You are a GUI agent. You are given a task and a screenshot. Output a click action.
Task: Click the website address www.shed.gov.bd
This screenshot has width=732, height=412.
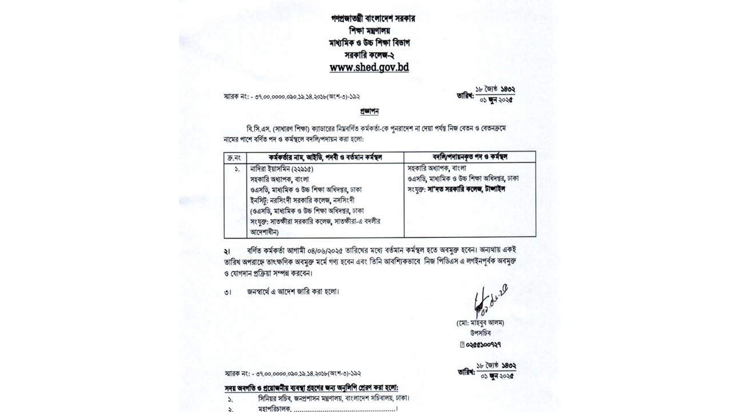[369, 68]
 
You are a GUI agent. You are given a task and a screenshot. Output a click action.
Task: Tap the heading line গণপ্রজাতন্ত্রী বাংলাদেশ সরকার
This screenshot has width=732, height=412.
[373, 18]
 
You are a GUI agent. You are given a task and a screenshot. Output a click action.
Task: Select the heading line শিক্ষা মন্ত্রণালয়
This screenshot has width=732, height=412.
[370, 30]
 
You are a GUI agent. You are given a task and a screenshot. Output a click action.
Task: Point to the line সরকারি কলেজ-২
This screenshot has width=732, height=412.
[369, 55]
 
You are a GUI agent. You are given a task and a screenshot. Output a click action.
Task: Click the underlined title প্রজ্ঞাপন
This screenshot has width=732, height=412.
[369, 111]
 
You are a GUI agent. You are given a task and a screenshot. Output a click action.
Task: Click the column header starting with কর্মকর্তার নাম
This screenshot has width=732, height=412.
[325, 157]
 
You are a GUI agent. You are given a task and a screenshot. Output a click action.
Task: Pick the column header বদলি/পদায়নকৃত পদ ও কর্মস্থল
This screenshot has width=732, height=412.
[470, 156]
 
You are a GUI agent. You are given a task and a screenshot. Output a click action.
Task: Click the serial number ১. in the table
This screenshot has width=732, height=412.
[236, 169]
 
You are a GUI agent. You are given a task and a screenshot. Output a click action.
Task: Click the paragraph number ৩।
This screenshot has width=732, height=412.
[228, 292]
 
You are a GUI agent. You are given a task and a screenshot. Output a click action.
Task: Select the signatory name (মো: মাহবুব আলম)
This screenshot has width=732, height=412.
[480, 323]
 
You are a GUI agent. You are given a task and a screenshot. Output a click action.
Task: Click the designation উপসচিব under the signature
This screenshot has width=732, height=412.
[480, 333]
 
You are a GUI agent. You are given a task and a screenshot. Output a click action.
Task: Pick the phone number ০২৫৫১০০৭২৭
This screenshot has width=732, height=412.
[483, 344]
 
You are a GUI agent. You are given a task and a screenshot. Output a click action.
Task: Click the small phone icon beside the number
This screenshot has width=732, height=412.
[462, 344]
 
